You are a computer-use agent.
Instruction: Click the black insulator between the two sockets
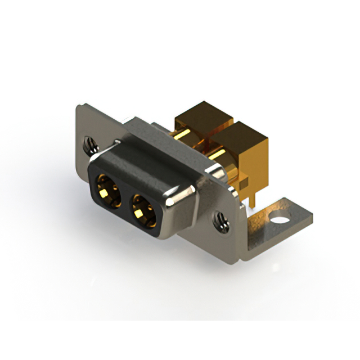124,200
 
